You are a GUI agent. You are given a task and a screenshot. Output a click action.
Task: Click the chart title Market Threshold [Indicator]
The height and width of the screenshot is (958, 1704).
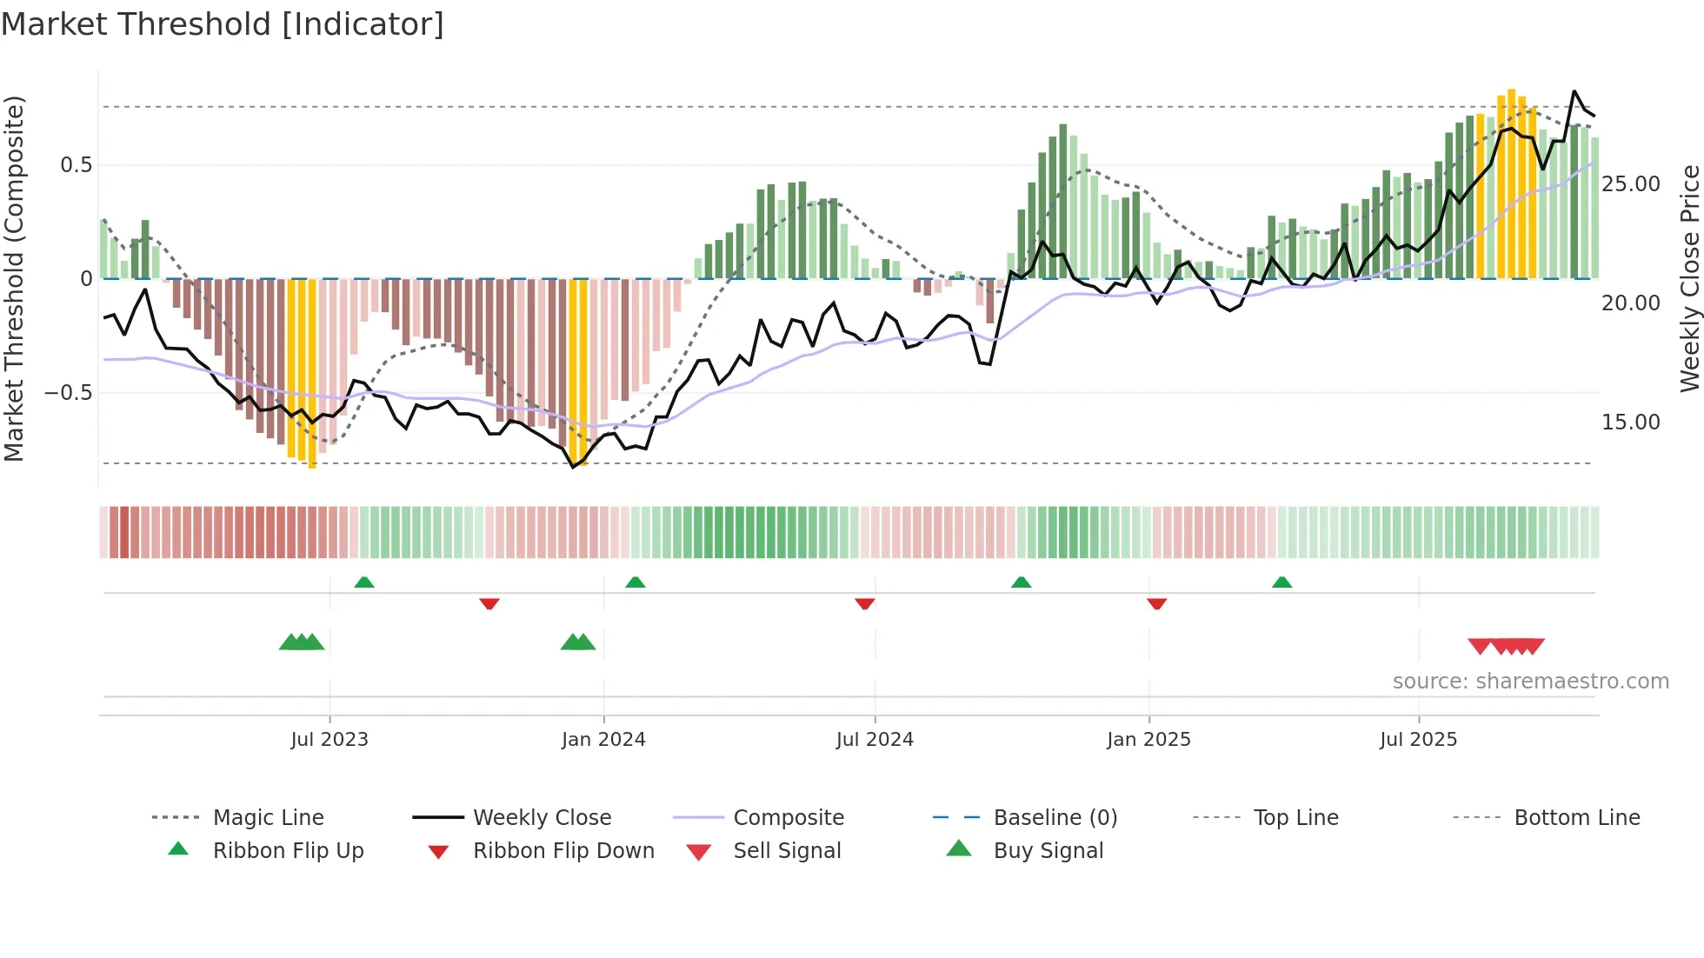coord(223,24)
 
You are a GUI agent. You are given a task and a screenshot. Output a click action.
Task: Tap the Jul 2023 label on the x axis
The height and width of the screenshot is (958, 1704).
coord(329,740)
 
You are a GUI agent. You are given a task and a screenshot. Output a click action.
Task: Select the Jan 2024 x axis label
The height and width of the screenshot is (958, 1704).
coord(603,740)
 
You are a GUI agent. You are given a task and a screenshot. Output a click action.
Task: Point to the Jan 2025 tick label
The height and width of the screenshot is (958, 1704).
coord(1148,740)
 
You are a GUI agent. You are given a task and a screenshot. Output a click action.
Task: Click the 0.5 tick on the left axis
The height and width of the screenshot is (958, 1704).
coord(76,165)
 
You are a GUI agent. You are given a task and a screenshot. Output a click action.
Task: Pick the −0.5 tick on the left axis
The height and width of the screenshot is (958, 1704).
coord(68,393)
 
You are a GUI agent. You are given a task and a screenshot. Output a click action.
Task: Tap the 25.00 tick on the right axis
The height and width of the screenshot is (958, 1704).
coord(1630,184)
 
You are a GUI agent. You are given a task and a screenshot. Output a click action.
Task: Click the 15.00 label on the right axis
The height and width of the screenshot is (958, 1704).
coord(1630,422)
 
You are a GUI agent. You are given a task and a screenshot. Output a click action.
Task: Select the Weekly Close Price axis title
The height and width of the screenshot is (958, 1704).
coord(1688,278)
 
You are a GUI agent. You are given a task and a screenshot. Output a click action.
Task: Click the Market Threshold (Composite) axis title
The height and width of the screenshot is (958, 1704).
coord(14,278)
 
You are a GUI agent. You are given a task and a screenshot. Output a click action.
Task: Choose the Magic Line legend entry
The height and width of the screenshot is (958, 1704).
coord(268,818)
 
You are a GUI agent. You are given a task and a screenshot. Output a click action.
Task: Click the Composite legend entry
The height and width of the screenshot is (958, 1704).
coord(788,818)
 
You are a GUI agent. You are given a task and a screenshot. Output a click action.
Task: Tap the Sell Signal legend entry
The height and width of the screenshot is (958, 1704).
coord(786,851)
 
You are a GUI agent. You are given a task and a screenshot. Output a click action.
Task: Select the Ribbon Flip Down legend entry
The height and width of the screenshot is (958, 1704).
coord(562,851)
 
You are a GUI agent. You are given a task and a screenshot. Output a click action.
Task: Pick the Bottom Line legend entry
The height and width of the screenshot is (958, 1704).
coord(1576,818)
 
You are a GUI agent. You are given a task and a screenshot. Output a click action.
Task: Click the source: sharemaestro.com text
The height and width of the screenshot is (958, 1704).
coord(1530,682)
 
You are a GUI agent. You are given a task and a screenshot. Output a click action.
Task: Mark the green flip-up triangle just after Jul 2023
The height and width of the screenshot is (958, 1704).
coord(364,582)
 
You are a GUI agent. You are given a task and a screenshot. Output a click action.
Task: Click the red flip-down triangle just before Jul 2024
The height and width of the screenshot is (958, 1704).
coord(864,603)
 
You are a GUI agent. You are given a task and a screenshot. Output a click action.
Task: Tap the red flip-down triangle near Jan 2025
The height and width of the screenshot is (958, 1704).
coord(1156,603)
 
